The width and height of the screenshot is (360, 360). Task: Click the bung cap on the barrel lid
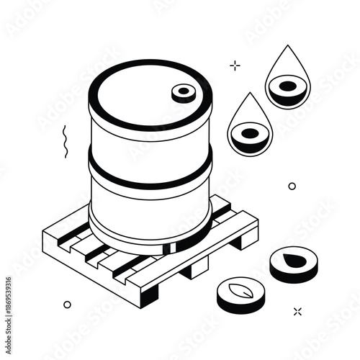184,92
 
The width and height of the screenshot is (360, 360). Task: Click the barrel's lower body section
148,205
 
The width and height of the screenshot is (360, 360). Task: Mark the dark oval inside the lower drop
249,133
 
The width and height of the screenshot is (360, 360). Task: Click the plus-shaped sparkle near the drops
235,66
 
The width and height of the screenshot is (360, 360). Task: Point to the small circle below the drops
292,186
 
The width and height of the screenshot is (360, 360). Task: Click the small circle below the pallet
67,305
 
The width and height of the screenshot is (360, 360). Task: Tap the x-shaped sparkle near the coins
297,311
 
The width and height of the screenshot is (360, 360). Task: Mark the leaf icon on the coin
238,293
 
